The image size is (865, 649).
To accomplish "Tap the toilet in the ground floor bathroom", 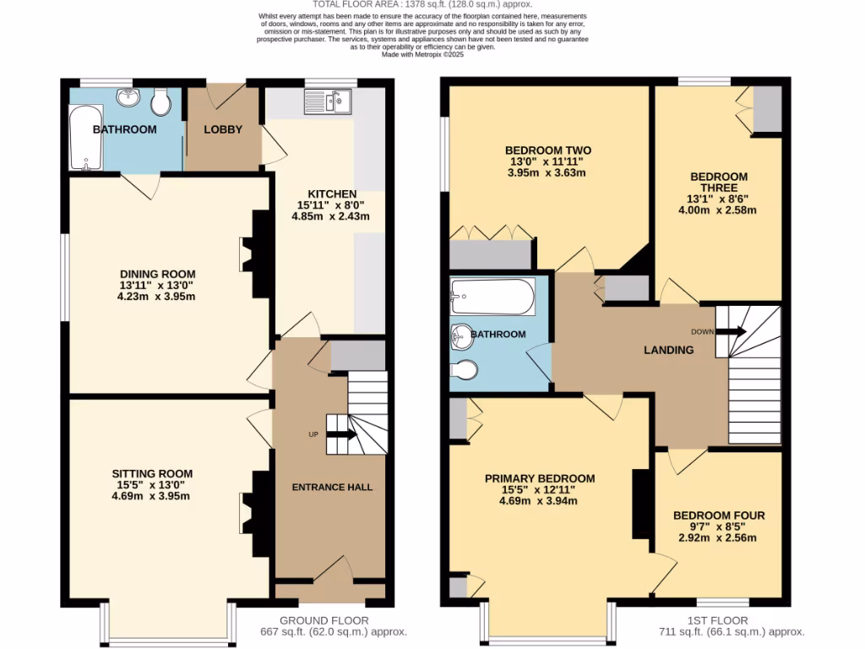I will coord(160,102).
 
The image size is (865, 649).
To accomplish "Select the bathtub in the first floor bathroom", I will coord(492,296).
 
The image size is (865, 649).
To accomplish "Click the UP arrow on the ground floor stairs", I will coord(342,434).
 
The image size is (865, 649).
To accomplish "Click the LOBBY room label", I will coord(223,129).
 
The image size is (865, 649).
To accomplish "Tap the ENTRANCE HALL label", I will coord(332,487).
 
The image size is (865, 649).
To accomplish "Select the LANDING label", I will coord(668,350).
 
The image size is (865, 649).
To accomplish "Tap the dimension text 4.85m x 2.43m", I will coord(330,216).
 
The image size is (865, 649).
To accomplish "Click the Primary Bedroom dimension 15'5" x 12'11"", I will coord(539,489).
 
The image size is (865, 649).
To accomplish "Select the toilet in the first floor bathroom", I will coord(465,370).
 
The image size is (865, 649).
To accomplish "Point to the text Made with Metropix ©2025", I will coord(423,54).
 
